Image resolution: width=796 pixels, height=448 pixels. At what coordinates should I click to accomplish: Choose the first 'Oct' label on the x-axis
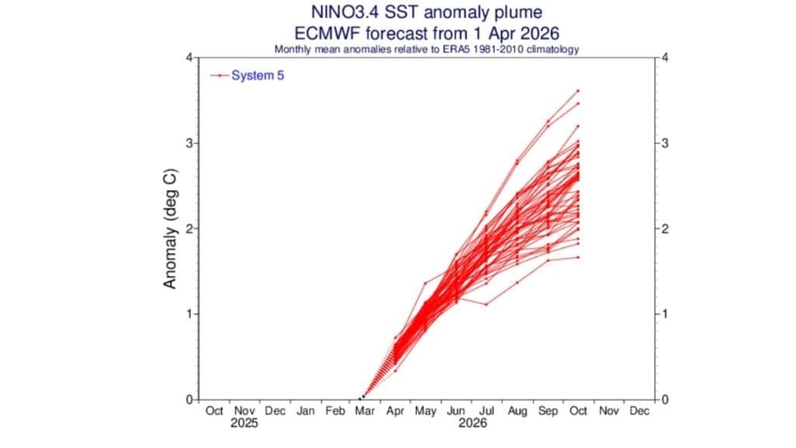coord(214,411)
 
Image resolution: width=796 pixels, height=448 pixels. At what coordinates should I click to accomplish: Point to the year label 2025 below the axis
coord(244,424)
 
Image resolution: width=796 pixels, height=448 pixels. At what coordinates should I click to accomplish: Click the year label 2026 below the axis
coord(472,424)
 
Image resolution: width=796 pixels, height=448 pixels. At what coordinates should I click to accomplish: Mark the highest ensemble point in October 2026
coord(578,91)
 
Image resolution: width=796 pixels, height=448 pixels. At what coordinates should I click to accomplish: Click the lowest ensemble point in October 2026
coord(578,257)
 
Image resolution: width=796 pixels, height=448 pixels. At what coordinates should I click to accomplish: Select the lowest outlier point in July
coord(487,304)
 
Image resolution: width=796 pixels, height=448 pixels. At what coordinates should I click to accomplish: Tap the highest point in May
coord(425,283)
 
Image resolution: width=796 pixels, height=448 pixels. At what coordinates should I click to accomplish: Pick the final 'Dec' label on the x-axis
coord(638,411)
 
